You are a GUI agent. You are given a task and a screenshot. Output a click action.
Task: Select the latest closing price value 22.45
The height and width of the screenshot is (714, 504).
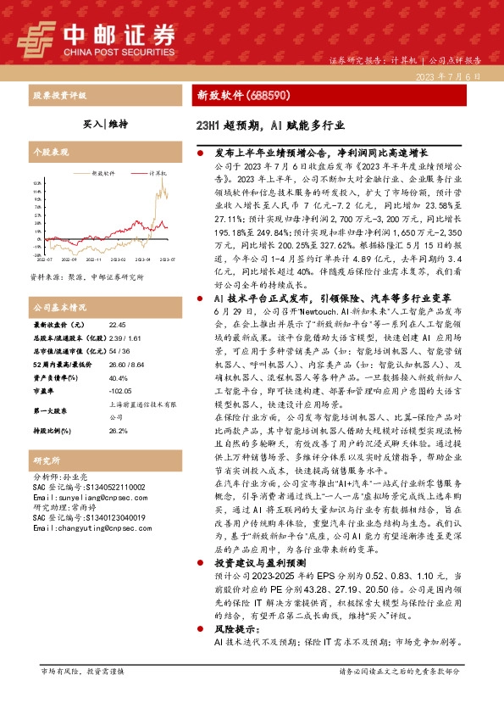[117, 325]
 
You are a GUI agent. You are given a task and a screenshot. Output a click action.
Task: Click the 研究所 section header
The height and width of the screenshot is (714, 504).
[43, 461]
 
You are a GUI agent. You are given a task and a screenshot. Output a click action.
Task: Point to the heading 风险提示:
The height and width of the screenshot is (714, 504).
[235, 631]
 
